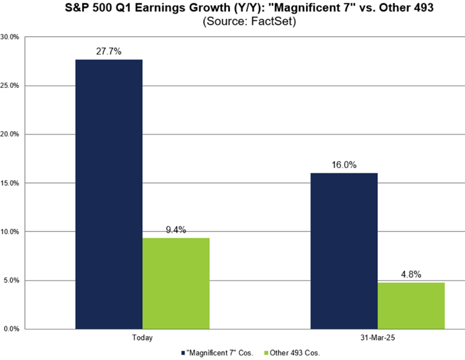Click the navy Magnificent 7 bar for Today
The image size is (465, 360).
(x=108, y=194)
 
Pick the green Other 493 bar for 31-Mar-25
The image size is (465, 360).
(x=411, y=306)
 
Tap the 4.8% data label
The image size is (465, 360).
(x=411, y=274)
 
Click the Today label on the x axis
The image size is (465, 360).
(x=142, y=338)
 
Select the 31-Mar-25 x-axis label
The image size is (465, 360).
(x=378, y=338)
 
